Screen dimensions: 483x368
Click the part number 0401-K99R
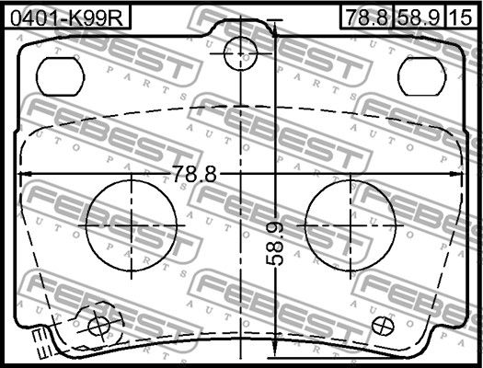click(66, 17)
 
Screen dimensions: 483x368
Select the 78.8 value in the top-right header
click(366, 17)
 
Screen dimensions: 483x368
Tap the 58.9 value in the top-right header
click(419, 17)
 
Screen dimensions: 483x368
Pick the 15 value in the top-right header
click(461, 17)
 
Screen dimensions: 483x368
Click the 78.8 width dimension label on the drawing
click(194, 174)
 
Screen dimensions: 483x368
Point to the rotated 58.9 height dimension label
click(275, 244)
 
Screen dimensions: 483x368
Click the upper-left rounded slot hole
click(60, 76)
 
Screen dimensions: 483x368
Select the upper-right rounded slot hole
click(421, 76)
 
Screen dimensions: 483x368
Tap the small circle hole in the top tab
click(240, 53)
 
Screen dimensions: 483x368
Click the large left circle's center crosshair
click(132, 225)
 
